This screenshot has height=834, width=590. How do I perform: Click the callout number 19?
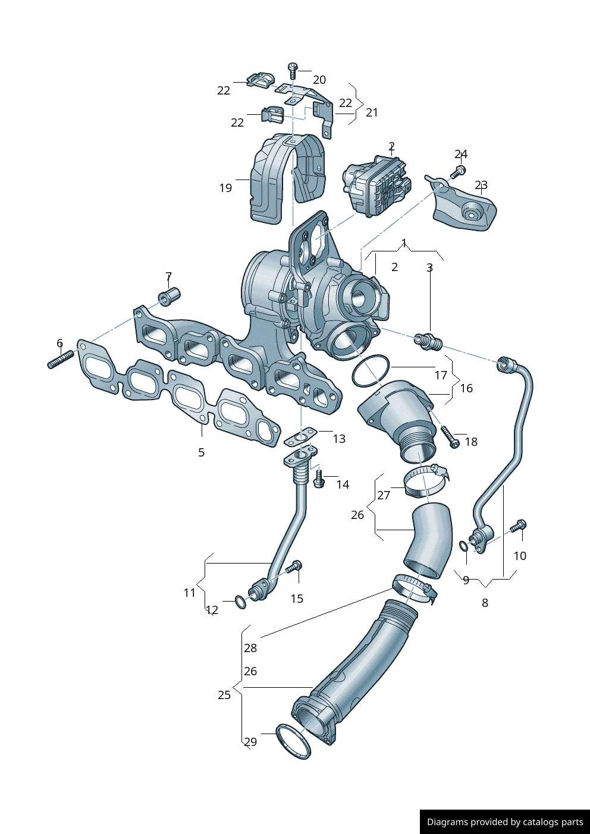click(x=226, y=188)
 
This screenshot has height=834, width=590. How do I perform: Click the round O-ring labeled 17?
click(x=371, y=371)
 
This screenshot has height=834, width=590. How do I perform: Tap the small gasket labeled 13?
click(x=300, y=436)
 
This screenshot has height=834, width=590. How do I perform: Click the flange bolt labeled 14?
click(x=319, y=479)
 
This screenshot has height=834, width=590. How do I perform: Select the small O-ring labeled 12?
click(x=241, y=602)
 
